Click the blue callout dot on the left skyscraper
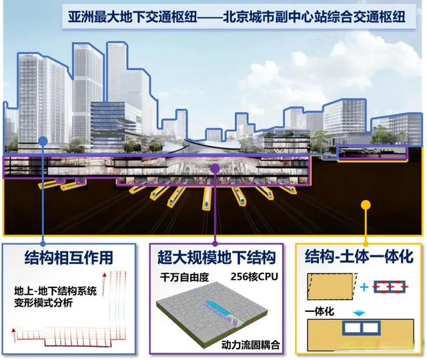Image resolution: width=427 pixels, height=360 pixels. [43, 141]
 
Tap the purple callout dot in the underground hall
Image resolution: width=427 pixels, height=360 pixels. [216, 169]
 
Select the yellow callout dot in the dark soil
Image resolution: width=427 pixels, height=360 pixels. [366, 205]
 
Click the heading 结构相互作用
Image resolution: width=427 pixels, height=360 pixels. [69, 257]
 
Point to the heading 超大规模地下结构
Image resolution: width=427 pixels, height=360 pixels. [216, 257]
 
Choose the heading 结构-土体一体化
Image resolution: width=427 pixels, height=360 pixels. [359, 257]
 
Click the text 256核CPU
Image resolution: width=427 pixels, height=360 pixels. [254, 277]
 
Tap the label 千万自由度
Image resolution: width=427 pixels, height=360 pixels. [184, 277]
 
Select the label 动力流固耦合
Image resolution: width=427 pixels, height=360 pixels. [251, 345]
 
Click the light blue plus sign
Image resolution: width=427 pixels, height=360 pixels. [364, 287]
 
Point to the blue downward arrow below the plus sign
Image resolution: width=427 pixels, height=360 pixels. [359, 313]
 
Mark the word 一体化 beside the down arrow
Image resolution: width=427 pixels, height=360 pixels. [320, 311]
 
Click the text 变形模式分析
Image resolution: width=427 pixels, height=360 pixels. [43, 303]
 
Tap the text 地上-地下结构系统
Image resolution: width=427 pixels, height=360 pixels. [55, 291]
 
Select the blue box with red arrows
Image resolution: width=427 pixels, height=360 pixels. [390, 287]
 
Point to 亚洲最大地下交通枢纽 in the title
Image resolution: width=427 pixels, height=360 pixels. [133, 17]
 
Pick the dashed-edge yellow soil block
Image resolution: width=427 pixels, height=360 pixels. [332, 287]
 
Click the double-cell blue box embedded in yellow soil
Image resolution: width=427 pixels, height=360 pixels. [361, 327]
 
